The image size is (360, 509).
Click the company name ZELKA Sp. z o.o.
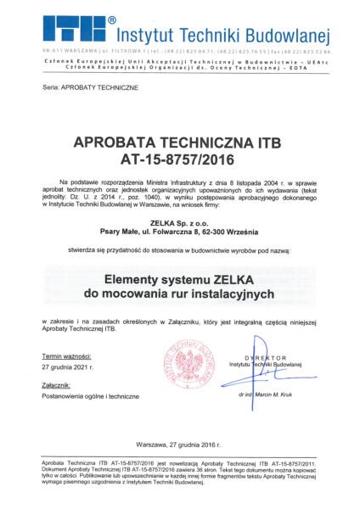[x=179, y=222]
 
